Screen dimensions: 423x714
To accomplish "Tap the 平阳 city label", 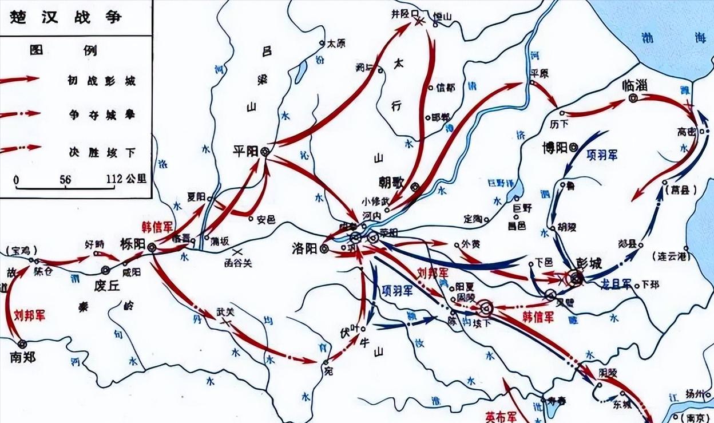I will click(x=245, y=151).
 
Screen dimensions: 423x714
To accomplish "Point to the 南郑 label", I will click(x=23, y=358).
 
